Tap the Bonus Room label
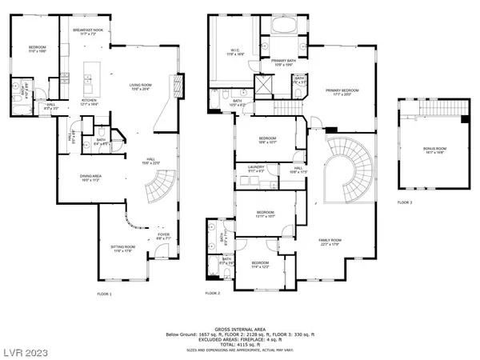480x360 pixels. point(434,149)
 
